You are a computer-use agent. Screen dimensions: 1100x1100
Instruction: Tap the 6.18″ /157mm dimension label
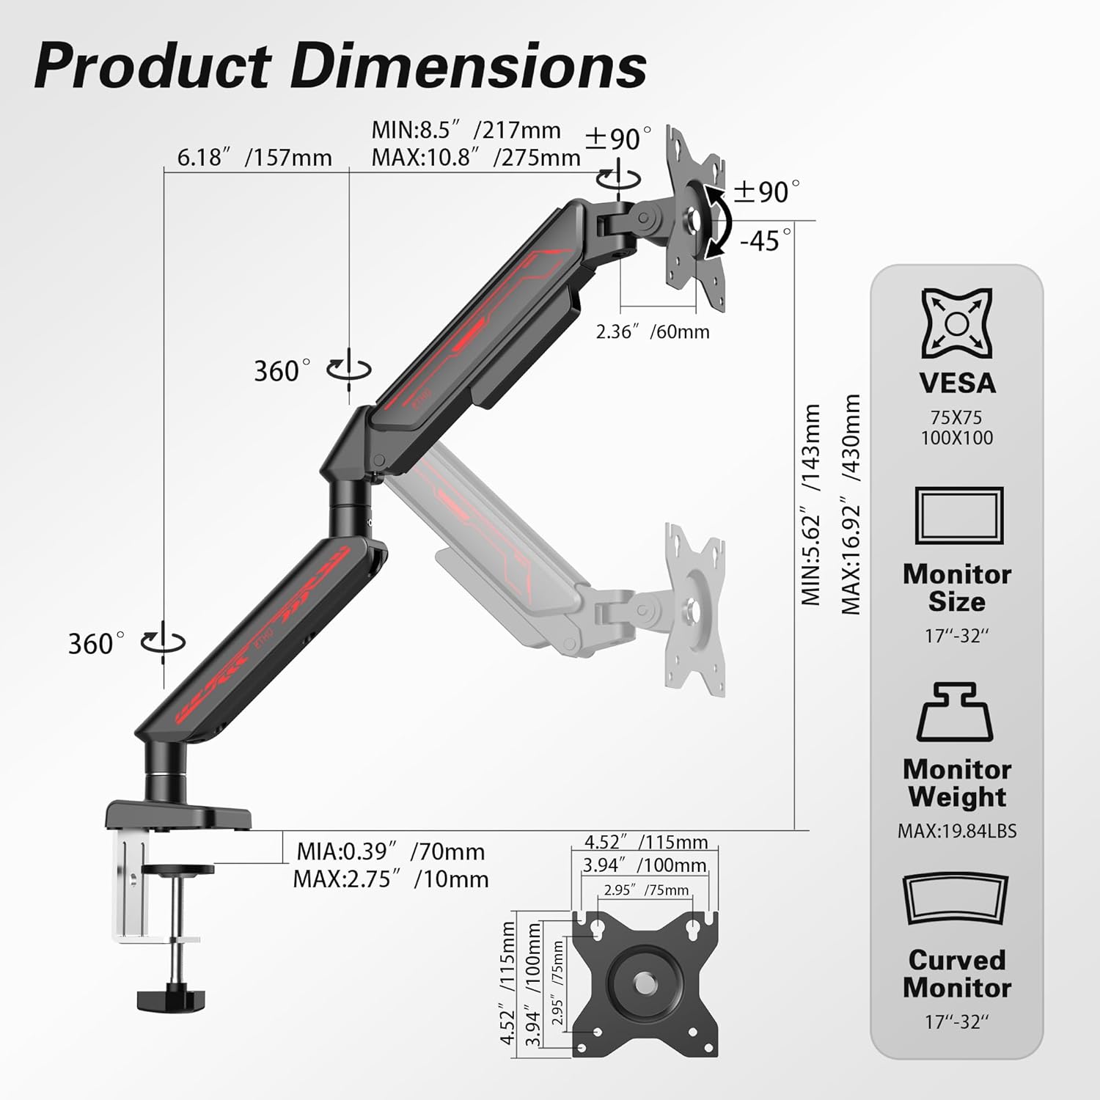(254, 157)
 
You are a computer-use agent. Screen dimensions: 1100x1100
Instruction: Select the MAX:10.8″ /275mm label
(476, 157)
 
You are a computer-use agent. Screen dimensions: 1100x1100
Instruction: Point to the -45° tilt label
(766, 240)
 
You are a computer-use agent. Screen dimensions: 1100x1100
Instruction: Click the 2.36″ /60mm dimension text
(653, 331)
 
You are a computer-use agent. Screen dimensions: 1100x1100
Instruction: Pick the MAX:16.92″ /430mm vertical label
(851, 504)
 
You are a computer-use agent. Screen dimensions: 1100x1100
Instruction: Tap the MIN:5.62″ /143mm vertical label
(810, 505)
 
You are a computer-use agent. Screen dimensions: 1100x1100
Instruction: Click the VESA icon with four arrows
(957, 323)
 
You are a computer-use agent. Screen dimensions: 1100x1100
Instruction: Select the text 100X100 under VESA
(957, 438)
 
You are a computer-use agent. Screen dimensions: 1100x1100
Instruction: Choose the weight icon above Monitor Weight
(955, 711)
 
